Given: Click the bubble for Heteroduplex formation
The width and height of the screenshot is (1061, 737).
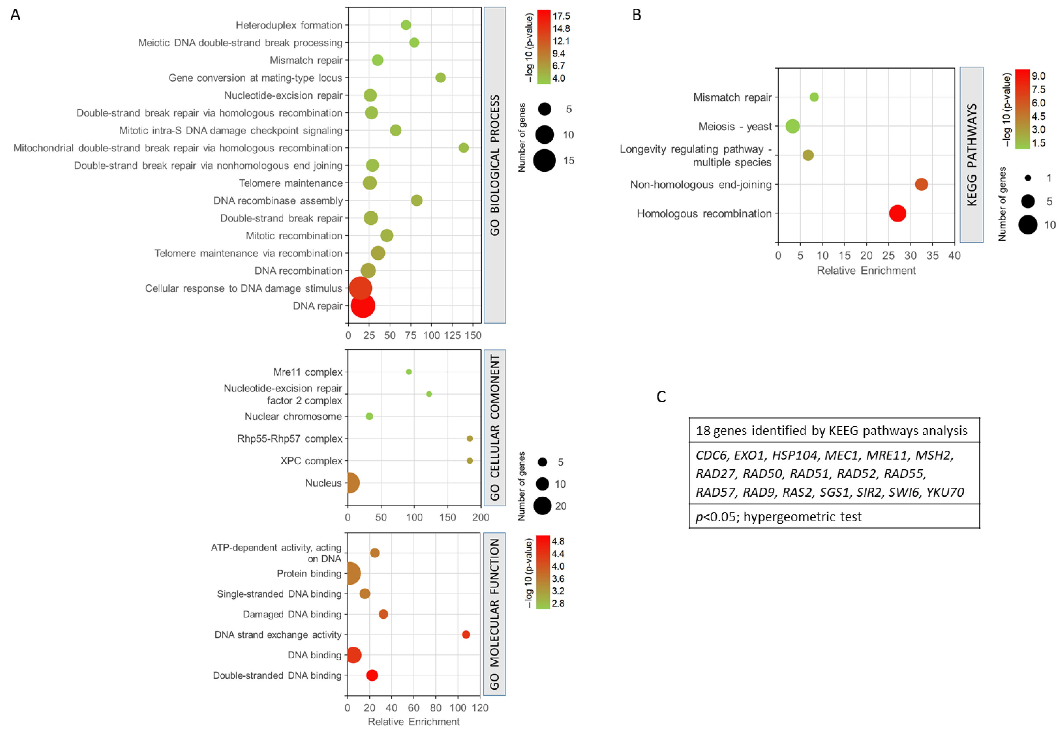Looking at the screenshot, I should tap(406, 25).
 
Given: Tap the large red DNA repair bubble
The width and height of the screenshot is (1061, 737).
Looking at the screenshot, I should tap(363, 306).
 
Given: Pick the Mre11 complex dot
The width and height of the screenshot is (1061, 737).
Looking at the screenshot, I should tap(409, 372).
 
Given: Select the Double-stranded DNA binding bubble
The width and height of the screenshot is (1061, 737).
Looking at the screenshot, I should tap(372, 675).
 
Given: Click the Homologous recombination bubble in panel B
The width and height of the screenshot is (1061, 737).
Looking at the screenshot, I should tap(897, 213).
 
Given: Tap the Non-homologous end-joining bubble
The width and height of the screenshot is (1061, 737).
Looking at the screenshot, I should tap(921, 184).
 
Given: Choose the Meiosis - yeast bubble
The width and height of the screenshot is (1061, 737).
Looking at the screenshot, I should tap(793, 126).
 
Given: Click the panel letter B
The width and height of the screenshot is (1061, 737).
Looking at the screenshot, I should tap(636, 15).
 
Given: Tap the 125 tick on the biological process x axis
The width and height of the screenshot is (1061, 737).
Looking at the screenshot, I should tap(452, 335).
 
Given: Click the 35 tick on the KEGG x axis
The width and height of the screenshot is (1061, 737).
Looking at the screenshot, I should tap(932, 255).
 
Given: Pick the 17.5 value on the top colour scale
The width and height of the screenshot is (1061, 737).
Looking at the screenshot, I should tap(561, 16).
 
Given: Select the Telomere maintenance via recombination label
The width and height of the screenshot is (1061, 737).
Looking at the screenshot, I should tap(248, 253).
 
